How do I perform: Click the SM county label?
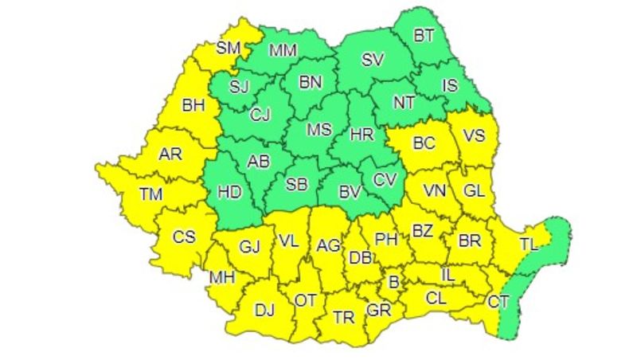(228, 48)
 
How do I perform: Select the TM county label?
(150, 193)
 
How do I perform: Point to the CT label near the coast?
(498, 301)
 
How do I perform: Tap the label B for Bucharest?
(393, 280)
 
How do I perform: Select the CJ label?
(260, 115)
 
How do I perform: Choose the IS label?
(450, 84)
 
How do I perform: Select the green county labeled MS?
(318, 129)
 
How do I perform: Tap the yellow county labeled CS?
(184, 237)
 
